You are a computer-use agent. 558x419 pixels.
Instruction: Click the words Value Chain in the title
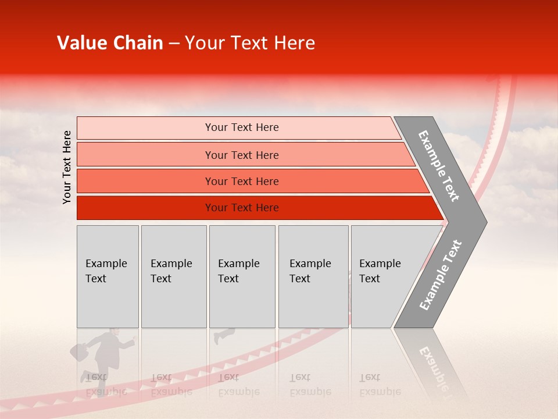(x=110, y=43)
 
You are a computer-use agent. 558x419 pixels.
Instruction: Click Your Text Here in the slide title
(x=250, y=43)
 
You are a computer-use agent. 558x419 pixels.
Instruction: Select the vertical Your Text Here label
(x=67, y=167)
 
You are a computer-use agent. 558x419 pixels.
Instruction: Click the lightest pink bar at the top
(x=241, y=127)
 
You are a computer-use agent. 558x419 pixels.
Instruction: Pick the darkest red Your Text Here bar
(x=241, y=208)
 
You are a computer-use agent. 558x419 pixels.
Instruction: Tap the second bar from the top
(x=241, y=155)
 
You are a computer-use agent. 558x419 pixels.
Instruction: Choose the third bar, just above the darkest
(x=241, y=181)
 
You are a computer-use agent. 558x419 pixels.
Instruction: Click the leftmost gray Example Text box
(x=108, y=276)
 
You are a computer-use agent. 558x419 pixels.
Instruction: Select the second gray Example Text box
(x=173, y=276)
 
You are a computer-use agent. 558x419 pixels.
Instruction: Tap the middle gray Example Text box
(x=242, y=276)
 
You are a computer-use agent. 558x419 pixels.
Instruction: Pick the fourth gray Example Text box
(x=313, y=276)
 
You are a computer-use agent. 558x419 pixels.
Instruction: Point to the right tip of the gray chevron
(x=484, y=222)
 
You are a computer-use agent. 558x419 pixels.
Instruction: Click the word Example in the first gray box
(x=106, y=264)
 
